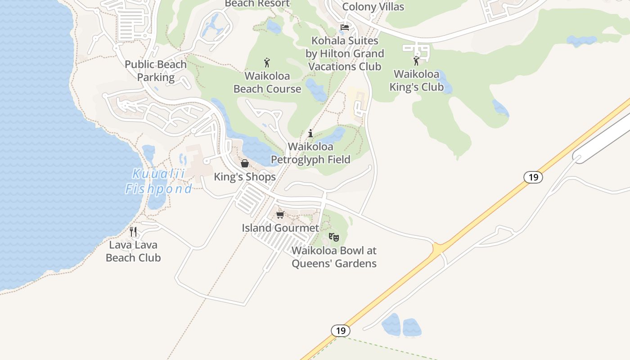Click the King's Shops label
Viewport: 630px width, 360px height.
[x=245, y=177]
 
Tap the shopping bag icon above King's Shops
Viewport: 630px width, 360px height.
[x=245, y=163]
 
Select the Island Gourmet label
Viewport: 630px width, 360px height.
[x=280, y=228]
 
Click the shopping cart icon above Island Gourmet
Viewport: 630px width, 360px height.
[x=280, y=215]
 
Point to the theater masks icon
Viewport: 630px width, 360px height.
[x=333, y=237]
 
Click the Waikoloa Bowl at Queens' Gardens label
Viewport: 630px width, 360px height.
[x=334, y=257]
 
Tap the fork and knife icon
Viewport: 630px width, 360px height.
[x=133, y=232]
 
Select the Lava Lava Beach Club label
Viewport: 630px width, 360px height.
[x=133, y=251]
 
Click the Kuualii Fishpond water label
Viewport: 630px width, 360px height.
[x=158, y=181]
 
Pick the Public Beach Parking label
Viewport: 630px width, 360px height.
[x=156, y=71]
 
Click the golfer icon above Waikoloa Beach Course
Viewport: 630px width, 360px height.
[x=267, y=63]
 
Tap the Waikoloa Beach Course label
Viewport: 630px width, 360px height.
[x=267, y=82]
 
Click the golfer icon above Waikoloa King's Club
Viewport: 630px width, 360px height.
[x=416, y=61]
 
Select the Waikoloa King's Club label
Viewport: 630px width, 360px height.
[x=417, y=80]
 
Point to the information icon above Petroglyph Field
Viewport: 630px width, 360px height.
[x=310, y=133]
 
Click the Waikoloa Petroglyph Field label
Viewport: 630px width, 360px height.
[x=310, y=153]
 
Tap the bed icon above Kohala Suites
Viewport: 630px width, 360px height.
[x=345, y=27]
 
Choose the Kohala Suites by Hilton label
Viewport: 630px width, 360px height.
[x=345, y=54]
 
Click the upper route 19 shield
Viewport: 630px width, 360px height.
[x=533, y=177]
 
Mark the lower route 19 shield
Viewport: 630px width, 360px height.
[x=341, y=331]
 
